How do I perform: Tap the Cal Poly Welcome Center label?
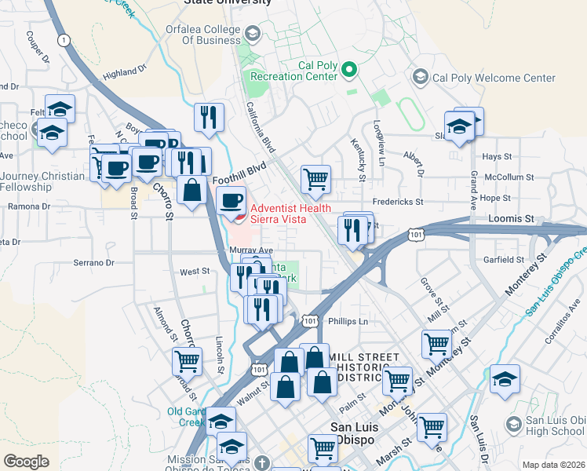coord(494,78)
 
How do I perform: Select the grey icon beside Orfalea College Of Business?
coord(252,34)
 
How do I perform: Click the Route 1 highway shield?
coord(63,40)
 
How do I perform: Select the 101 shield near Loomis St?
coord(417,234)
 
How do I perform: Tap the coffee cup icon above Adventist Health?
coord(232,201)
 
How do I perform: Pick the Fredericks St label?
coord(398,202)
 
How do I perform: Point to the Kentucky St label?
coord(362,162)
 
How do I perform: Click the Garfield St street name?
coord(503,259)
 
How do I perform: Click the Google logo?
coord(26,462)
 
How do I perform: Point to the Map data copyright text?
coord(554,465)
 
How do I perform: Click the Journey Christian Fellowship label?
coord(43,181)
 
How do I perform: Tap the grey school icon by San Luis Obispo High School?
coord(513,424)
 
